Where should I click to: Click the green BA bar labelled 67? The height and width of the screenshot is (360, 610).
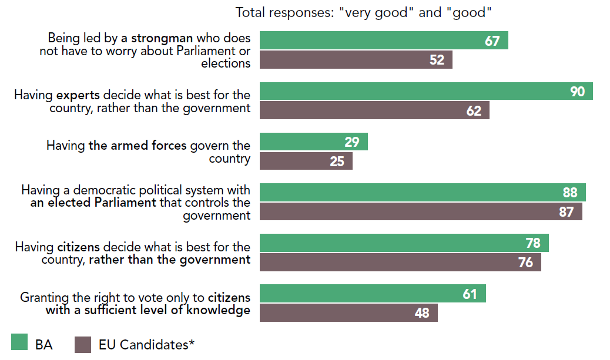point(383,41)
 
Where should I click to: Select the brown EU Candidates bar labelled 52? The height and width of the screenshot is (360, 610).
point(356,60)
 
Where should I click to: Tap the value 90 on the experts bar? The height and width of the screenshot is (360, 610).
point(577,91)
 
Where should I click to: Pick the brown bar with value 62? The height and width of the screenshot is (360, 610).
point(374,110)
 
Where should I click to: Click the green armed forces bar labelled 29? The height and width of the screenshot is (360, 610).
point(313,142)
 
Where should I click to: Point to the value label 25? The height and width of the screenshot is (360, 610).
point(337,161)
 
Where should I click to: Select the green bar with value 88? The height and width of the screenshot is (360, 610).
point(422,192)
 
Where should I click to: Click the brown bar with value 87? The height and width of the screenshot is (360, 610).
point(420,211)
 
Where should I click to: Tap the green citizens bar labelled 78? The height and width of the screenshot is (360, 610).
point(404,243)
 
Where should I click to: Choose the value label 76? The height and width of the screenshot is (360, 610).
point(525,262)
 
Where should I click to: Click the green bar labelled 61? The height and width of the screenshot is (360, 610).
point(373,293)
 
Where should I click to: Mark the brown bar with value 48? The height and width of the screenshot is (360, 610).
point(348,312)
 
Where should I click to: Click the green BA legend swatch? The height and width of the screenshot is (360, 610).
point(19,344)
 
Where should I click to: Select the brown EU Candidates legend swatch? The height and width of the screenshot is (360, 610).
point(83,344)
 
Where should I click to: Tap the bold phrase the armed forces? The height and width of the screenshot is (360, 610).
point(138,146)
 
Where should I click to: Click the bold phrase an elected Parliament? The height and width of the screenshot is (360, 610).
point(93,203)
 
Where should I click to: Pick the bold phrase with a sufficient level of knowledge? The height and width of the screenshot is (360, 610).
point(148,310)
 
